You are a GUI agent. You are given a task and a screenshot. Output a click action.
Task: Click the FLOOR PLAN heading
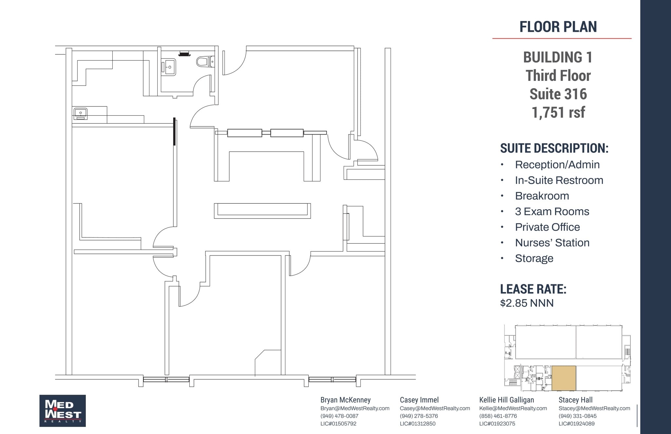tap(558, 27)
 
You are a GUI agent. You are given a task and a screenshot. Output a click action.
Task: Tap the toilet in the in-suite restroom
tap(204, 61)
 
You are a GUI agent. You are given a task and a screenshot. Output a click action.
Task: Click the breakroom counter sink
tap(80, 113)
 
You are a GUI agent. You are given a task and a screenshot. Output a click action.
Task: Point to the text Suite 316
tap(558, 94)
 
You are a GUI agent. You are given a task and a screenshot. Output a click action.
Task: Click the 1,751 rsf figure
tap(558, 112)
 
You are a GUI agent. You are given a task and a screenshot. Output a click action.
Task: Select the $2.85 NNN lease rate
tap(527, 303)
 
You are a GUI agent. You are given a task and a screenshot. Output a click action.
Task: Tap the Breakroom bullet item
tap(542, 196)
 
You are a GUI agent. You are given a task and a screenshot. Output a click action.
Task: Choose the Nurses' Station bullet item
tap(552, 243)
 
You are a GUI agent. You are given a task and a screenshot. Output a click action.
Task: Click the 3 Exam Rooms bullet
tap(552, 212)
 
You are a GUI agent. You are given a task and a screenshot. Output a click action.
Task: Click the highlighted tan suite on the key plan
tap(564, 378)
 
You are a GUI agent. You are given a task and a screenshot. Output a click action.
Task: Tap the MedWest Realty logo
tap(63, 410)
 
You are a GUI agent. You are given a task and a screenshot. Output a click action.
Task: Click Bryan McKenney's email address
tap(355, 408)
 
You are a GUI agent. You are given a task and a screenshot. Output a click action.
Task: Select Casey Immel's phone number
tap(419, 416)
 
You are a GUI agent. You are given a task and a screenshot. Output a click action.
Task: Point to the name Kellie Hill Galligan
tap(507, 400)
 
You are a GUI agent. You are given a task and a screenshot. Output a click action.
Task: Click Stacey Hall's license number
tap(577, 424)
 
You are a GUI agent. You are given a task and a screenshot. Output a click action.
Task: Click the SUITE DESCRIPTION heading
tap(554, 148)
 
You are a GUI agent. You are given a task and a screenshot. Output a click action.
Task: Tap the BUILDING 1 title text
tap(558, 58)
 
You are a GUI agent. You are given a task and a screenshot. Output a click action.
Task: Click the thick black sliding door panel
tap(174, 131)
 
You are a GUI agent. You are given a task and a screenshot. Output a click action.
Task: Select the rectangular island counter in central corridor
tap(262, 211)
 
